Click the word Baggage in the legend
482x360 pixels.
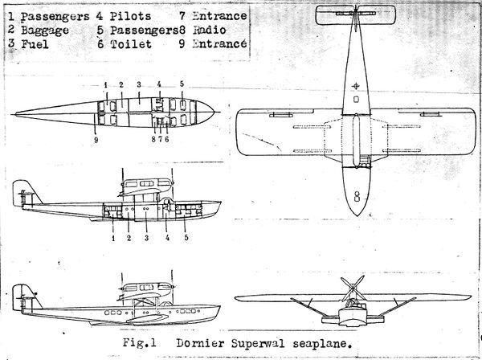tap(45, 30)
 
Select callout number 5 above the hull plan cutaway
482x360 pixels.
tap(182, 84)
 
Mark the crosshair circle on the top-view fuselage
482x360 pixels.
tap(356, 85)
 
